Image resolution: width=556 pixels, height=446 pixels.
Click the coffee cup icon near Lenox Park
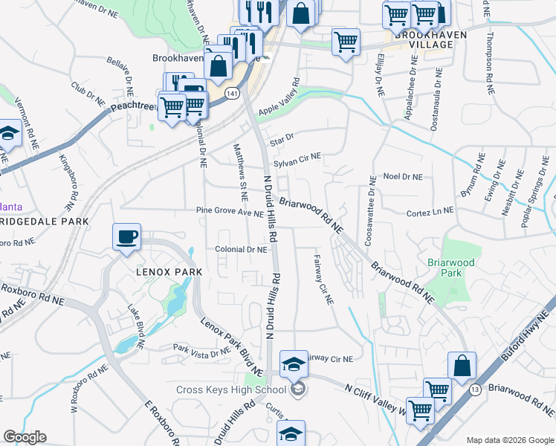tap(126, 237)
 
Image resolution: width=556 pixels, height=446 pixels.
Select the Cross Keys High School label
tap(231, 390)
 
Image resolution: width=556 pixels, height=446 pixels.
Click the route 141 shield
tap(233, 94)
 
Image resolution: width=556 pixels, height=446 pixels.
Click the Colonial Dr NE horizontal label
tap(241, 251)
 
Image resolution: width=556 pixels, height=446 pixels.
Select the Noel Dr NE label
tap(402, 177)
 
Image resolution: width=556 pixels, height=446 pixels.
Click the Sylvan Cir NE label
tap(297, 157)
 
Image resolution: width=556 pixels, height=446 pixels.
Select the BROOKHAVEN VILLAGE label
tap(424, 39)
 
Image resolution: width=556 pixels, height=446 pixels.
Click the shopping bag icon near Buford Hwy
tap(462, 366)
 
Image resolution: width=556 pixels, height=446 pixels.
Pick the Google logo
tap(25, 437)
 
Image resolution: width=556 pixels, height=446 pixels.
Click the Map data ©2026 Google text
tap(509, 440)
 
